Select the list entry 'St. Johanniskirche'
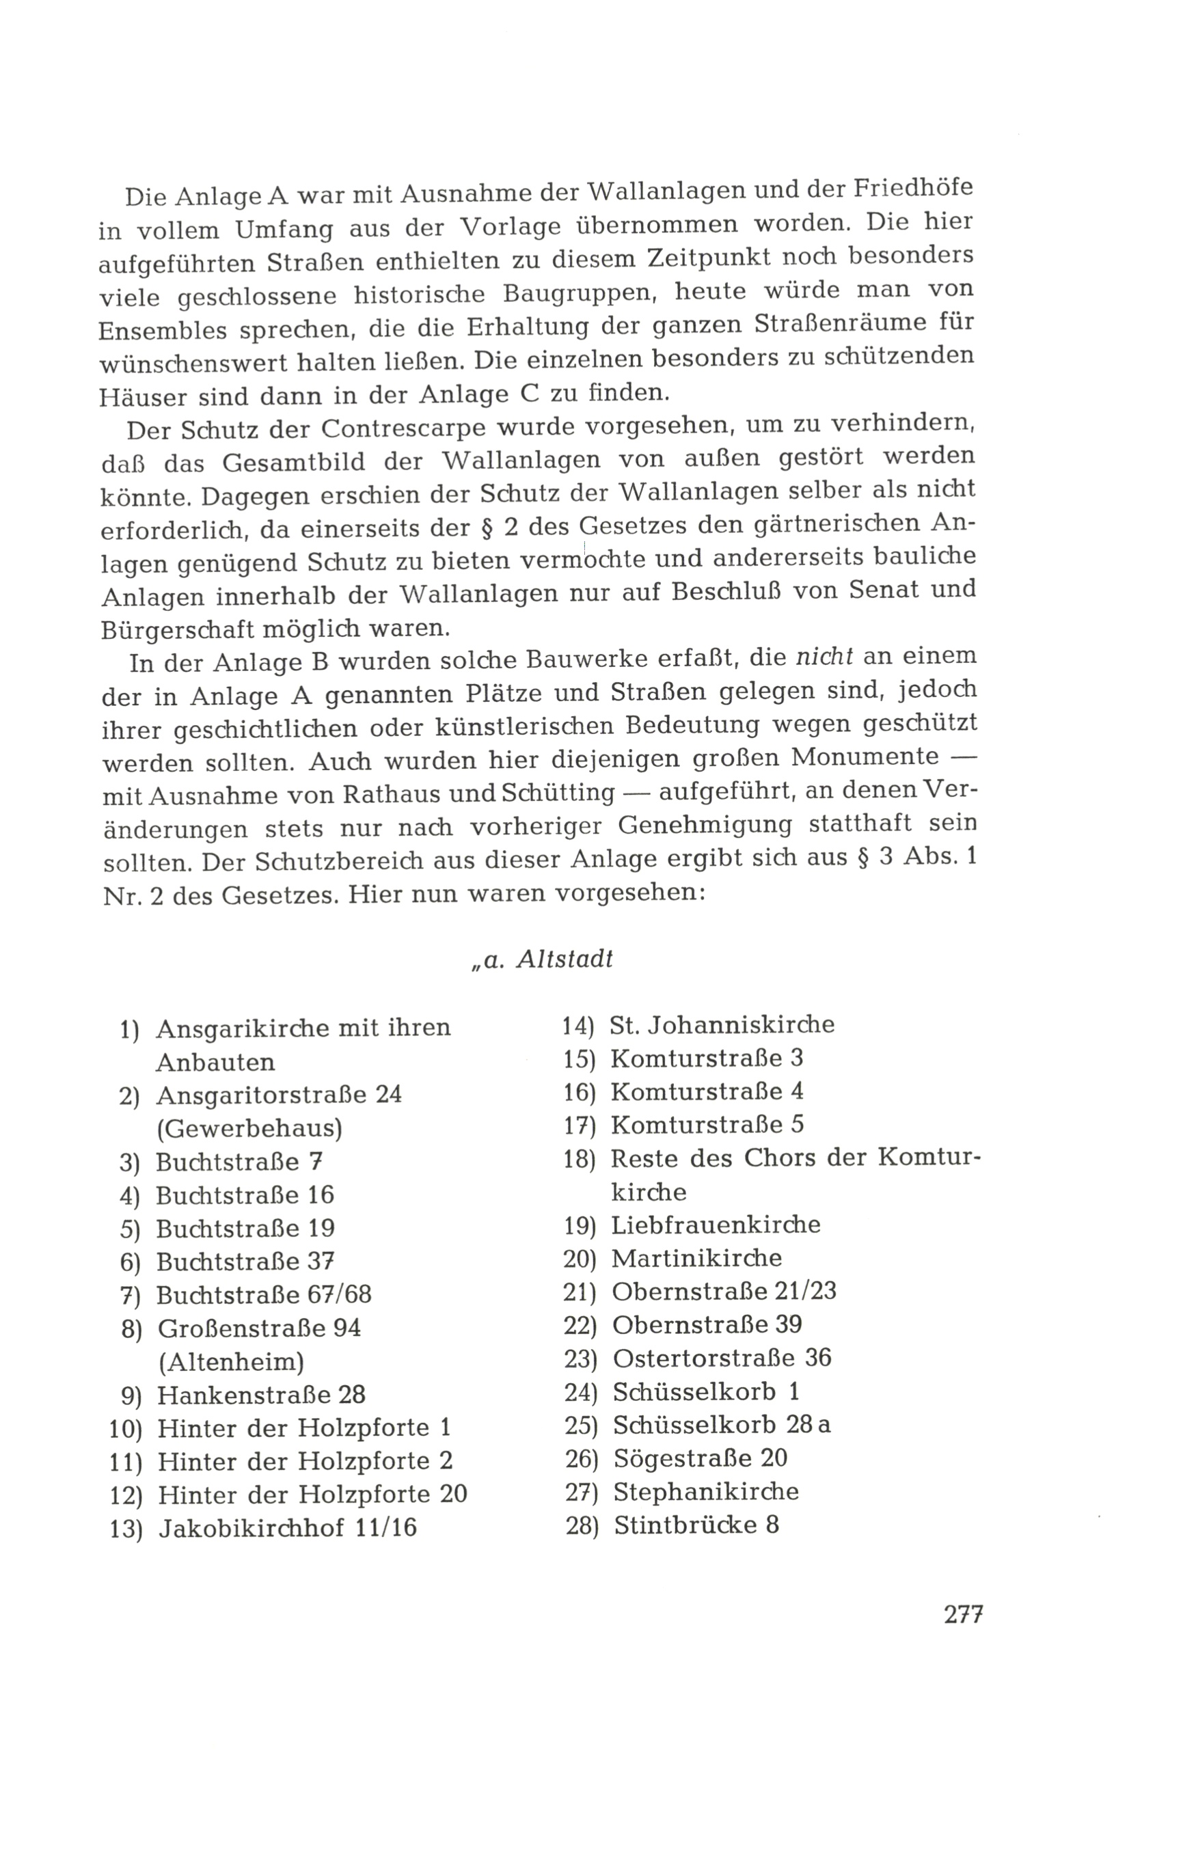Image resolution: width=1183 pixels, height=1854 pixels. point(722,1025)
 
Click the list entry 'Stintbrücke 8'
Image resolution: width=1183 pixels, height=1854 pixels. point(696,1525)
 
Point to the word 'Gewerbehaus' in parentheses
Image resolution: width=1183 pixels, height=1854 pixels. point(249,1129)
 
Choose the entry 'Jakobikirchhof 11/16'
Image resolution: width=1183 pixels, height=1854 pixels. point(287,1527)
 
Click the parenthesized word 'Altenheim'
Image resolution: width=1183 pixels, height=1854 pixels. point(231,1362)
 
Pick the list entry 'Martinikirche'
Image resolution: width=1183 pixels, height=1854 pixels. point(696,1258)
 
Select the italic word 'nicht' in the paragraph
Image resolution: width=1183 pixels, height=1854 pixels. point(824,657)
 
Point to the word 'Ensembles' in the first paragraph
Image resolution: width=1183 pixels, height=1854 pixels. point(162,330)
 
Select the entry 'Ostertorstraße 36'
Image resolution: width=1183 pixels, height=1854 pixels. point(722,1357)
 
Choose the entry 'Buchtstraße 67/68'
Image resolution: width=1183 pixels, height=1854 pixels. point(263,1295)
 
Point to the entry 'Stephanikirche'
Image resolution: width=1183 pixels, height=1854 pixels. point(705,1491)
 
